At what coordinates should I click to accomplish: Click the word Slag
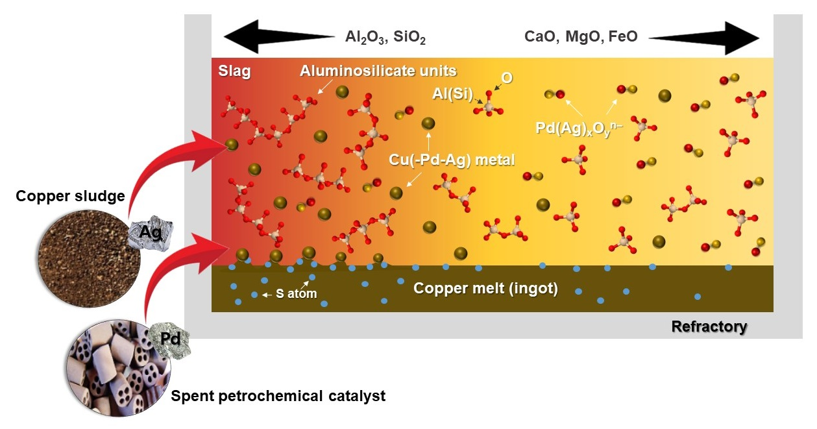(234, 71)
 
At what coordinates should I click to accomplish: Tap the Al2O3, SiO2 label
(385, 37)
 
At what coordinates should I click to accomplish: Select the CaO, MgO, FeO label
(581, 37)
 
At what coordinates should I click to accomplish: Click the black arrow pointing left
(275, 36)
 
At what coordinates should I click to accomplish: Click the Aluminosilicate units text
(378, 71)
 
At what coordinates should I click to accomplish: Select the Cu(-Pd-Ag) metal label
(452, 158)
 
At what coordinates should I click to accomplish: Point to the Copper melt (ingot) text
(486, 288)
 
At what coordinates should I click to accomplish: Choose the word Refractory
(709, 326)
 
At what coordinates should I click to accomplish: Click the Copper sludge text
(71, 196)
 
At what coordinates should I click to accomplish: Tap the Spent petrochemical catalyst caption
(278, 395)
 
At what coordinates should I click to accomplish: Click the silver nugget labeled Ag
(154, 230)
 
